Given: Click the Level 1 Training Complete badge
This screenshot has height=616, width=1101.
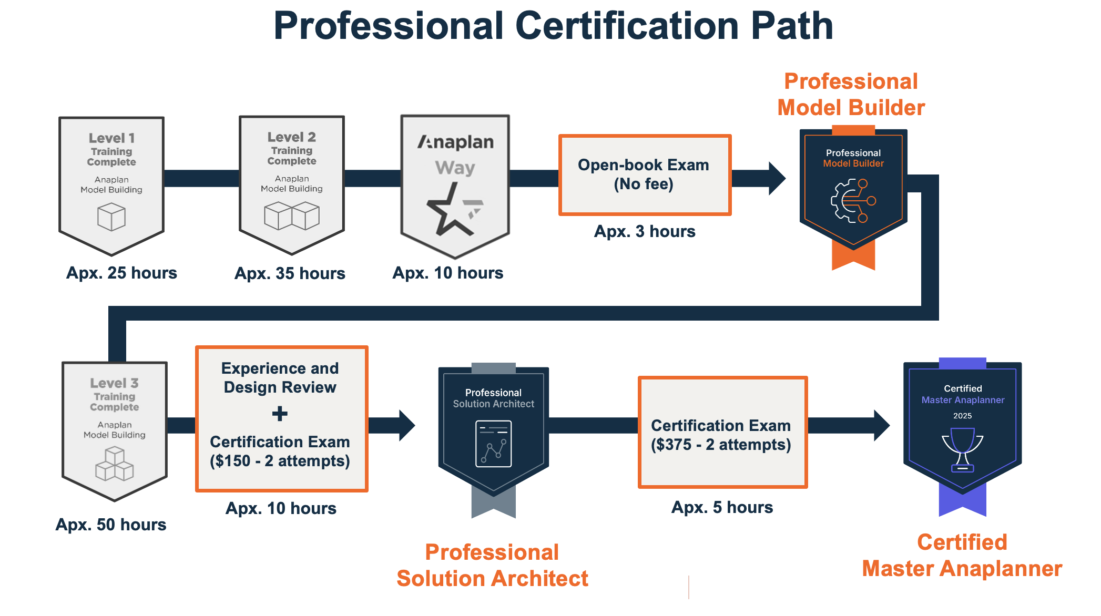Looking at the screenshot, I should pyautogui.click(x=111, y=181).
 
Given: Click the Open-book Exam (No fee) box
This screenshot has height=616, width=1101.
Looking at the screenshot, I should pyautogui.click(x=645, y=174).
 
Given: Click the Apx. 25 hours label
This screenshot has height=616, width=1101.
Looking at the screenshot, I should pyautogui.click(x=121, y=273).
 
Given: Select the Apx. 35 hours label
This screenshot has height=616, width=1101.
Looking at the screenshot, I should pyautogui.click(x=290, y=273).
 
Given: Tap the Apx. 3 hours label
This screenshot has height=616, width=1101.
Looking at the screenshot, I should pyautogui.click(x=645, y=231).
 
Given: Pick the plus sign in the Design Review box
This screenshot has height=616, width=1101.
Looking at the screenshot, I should pyautogui.click(x=280, y=414).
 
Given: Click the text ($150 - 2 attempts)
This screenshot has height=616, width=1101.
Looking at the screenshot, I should pyautogui.click(x=280, y=461).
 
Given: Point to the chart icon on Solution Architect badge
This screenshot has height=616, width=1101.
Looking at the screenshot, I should pyautogui.click(x=493, y=444).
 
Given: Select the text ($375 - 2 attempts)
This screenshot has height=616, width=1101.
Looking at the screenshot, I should pyautogui.click(x=721, y=445).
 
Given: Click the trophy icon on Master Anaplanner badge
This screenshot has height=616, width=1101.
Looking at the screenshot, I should pyautogui.click(x=962, y=449).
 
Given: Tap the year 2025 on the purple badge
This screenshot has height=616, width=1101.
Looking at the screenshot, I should pyautogui.click(x=962, y=416).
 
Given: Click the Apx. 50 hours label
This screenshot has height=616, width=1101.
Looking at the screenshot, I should pyautogui.click(x=111, y=525).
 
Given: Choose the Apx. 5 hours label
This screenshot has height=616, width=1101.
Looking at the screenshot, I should pyautogui.click(x=722, y=507).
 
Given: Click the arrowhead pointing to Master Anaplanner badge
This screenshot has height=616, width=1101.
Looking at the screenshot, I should pyautogui.click(x=881, y=425).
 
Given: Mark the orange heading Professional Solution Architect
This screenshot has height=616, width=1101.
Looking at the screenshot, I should pyautogui.click(x=492, y=566).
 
